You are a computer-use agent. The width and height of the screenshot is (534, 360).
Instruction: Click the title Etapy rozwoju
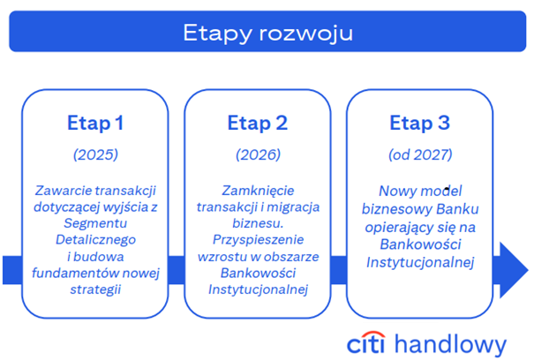click(x=267, y=34)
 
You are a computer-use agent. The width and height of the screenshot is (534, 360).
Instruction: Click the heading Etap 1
click(x=95, y=122)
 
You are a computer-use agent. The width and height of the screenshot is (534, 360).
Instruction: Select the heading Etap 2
click(x=258, y=122)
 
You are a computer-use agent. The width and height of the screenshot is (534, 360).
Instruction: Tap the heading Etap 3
click(x=420, y=122)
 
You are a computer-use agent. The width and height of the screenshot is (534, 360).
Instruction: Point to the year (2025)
click(x=95, y=154)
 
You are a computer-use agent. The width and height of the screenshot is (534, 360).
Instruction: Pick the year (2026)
click(x=258, y=154)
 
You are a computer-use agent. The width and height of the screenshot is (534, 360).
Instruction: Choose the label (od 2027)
click(x=420, y=154)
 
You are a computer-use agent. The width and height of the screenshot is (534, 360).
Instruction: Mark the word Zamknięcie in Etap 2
click(x=258, y=190)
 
